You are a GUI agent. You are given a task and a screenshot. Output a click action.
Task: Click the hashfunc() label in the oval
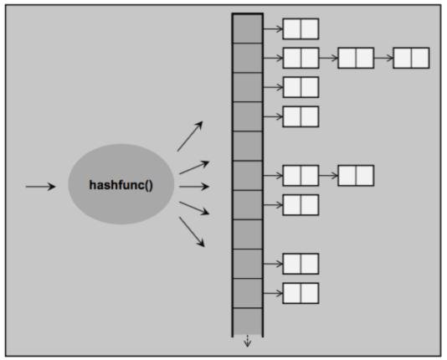click(x=121, y=185)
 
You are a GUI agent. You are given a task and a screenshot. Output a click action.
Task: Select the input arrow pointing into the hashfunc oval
click(x=40, y=187)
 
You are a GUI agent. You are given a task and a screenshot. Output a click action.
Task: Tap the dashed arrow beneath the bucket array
click(x=248, y=342)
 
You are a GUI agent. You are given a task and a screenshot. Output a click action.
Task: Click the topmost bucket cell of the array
click(x=248, y=28)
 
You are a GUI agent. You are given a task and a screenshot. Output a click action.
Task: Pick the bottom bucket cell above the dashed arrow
click(x=248, y=321)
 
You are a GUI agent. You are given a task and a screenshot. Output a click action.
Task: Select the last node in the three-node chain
click(x=411, y=58)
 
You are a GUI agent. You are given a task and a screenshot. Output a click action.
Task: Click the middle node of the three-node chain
click(x=356, y=58)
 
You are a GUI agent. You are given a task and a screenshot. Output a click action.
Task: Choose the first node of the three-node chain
click(x=301, y=58)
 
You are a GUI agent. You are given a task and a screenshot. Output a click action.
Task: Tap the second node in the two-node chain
click(x=356, y=176)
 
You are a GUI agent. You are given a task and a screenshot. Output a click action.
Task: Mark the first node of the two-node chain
click(x=301, y=176)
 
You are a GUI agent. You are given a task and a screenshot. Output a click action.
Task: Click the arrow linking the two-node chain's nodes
click(x=328, y=176)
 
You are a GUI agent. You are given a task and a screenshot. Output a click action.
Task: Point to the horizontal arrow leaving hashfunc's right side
click(x=194, y=187)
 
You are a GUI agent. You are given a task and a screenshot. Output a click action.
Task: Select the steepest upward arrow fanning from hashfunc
click(x=190, y=136)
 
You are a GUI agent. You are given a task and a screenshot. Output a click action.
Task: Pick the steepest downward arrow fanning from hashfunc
click(x=192, y=232)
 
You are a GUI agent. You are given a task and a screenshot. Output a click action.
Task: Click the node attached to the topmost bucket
click(x=301, y=28)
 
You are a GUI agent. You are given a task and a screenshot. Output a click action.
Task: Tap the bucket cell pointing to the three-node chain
click(x=248, y=58)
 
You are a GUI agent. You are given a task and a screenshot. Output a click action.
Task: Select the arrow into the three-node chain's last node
click(x=383, y=58)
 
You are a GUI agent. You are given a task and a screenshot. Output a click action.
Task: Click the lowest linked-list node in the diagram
click(x=301, y=293)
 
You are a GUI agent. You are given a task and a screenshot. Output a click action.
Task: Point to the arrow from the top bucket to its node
click(x=273, y=28)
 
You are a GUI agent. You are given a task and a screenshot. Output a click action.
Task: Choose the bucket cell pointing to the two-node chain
click(x=248, y=176)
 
